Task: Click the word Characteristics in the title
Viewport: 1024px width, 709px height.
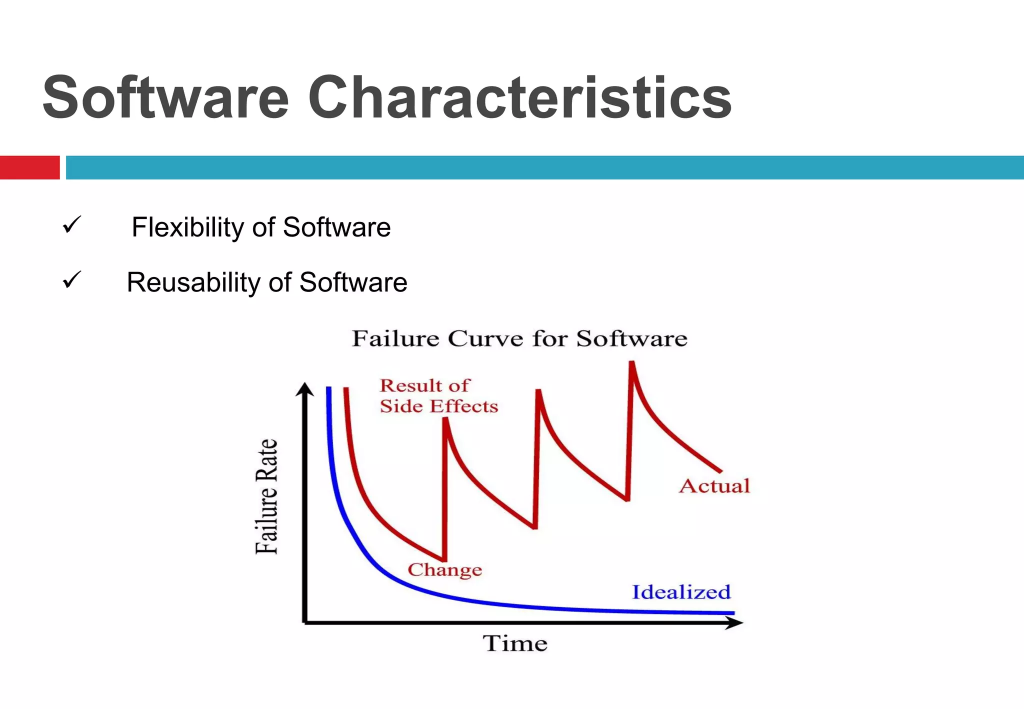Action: pos(520,97)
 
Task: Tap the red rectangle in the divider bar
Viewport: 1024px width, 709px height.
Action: pos(29,167)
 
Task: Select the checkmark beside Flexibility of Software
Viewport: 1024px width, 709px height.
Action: pos(72,225)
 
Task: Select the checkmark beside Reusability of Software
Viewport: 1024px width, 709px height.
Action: pos(72,280)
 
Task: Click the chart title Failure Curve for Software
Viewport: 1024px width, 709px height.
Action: pos(519,338)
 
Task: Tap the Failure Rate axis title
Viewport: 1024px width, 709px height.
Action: pos(266,496)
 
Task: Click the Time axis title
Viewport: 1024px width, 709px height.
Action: pos(515,643)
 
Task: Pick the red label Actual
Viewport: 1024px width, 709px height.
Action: pos(714,486)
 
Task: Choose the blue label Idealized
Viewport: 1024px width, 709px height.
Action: pos(681,592)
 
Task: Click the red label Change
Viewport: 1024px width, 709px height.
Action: pos(444,569)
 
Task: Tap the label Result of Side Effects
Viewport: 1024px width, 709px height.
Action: pos(438,395)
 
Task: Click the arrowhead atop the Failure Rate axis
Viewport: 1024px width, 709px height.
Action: pos(304,389)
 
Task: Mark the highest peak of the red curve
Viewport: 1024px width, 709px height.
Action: pos(632,363)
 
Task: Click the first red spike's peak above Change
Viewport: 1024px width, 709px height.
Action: pos(445,420)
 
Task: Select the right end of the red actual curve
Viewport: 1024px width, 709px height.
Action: pos(719,470)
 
